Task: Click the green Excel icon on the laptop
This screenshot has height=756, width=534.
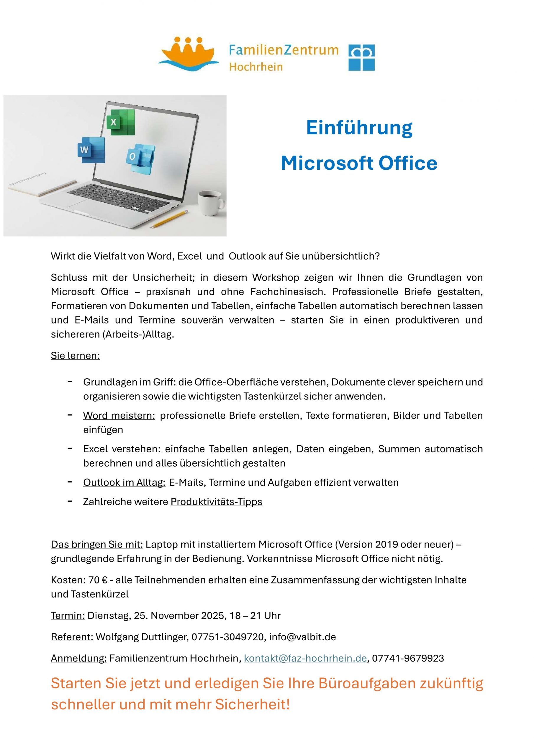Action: [x=121, y=122]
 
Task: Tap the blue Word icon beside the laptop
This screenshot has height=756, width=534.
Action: [x=91, y=150]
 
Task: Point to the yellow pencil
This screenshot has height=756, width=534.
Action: [x=169, y=219]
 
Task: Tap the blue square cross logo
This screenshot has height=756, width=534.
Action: [x=361, y=58]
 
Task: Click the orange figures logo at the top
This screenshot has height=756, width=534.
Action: [x=189, y=54]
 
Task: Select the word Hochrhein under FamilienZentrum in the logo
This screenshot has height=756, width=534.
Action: [x=256, y=67]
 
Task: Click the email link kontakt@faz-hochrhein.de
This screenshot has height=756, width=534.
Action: [x=305, y=658]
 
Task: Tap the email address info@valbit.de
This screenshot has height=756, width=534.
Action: [x=302, y=637]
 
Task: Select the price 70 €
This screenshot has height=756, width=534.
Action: [x=98, y=580]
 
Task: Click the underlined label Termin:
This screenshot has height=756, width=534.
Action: [x=68, y=615]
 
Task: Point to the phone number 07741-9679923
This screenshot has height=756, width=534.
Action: [x=408, y=658]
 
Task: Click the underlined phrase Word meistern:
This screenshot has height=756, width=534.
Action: [x=119, y=416]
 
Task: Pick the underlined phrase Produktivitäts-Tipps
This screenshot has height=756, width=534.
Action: [x=216, y=501]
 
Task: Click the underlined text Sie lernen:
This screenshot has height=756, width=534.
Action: [x=75, y=356]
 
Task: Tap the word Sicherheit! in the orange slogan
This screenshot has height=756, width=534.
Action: [x=252, y=704]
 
